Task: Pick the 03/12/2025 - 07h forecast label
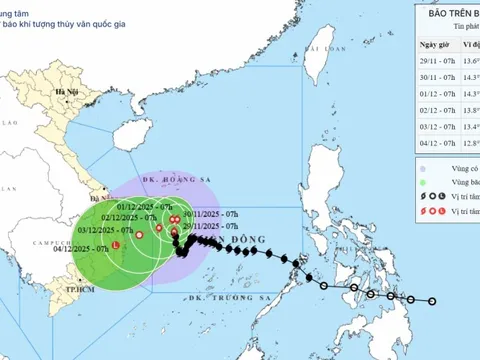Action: pos(109,231)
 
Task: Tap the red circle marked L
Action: pos(116,245)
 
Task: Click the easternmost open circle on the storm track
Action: pos(432,301)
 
